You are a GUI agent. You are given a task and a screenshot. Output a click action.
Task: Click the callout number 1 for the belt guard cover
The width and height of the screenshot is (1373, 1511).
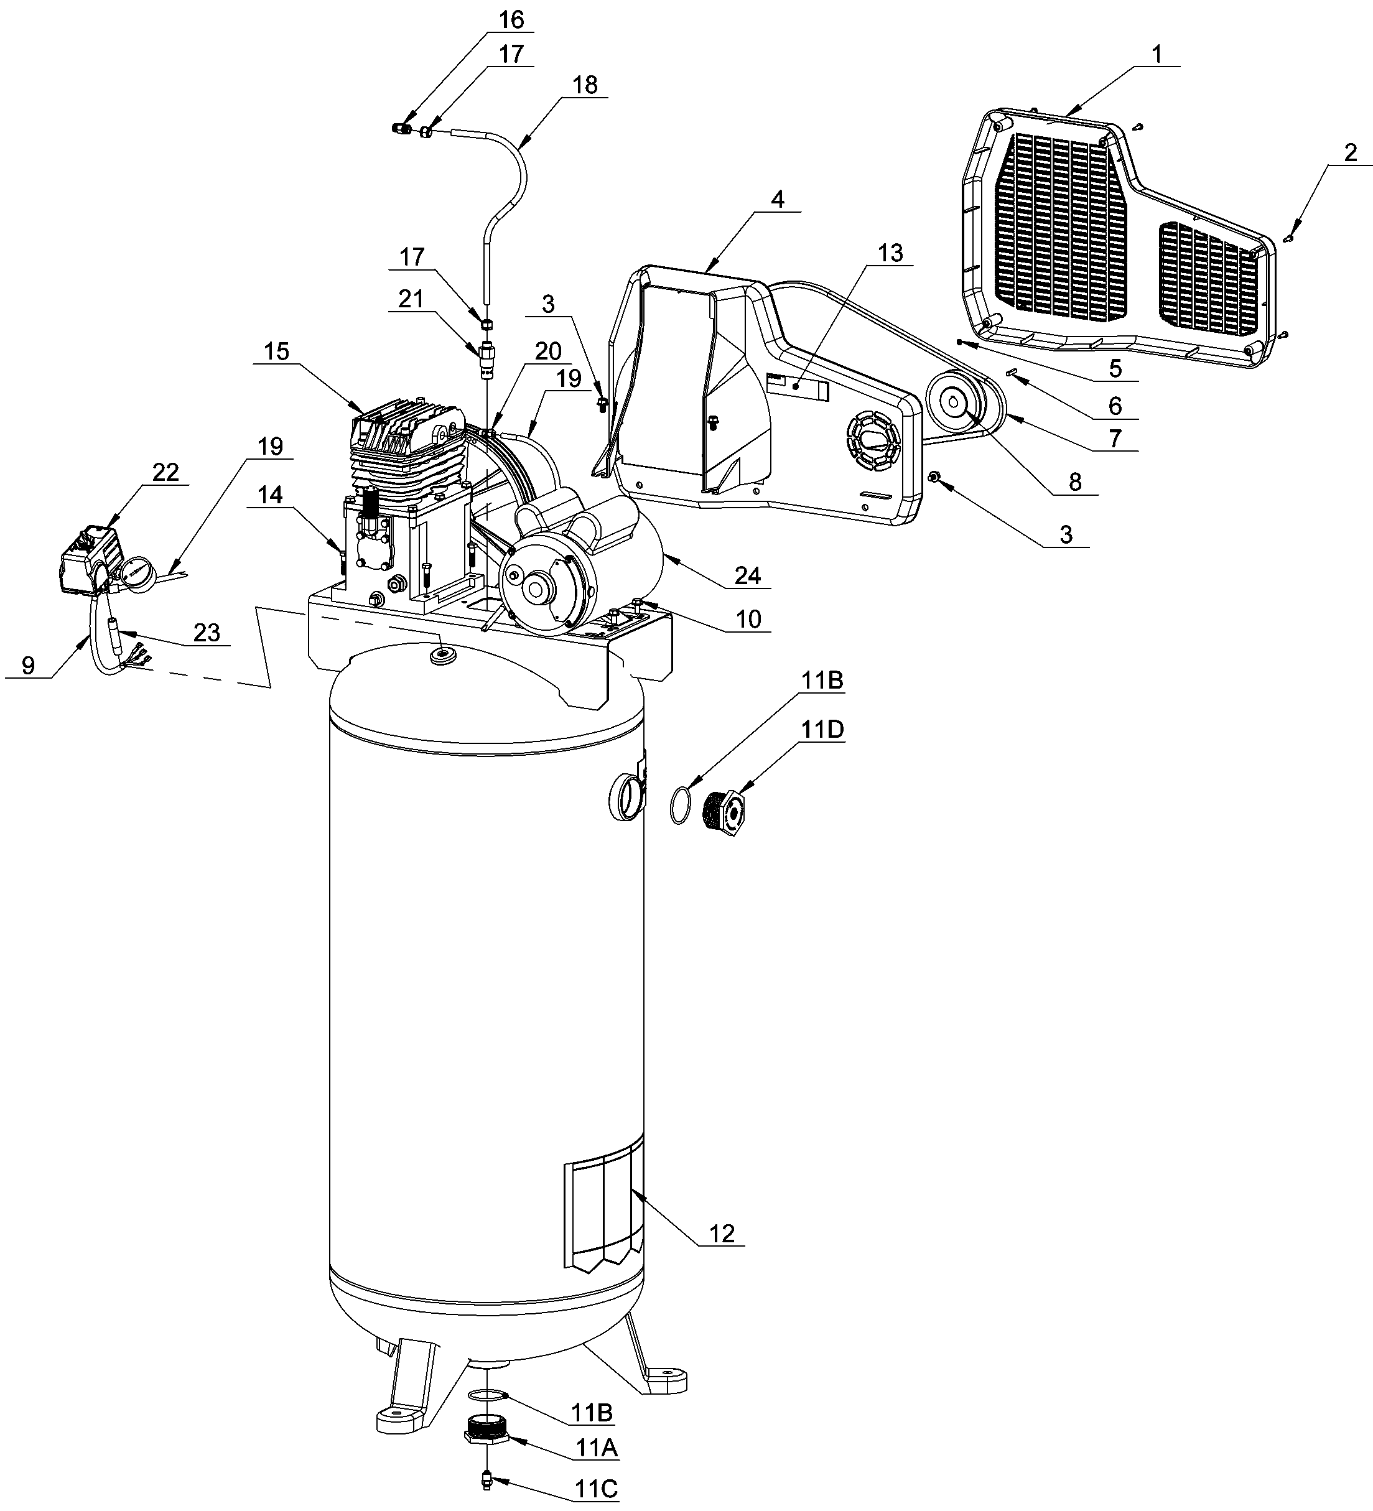1157,54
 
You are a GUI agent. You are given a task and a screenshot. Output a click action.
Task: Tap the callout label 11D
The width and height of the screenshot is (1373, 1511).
824,728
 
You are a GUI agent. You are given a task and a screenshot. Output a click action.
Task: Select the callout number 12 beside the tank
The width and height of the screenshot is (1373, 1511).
722,1233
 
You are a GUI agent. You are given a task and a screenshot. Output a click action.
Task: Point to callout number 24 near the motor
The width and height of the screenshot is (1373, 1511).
747,575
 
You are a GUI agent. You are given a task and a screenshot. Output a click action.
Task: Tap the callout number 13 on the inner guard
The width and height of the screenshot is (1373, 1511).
890,253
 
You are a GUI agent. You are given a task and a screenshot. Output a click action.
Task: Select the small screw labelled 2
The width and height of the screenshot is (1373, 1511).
1288,238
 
